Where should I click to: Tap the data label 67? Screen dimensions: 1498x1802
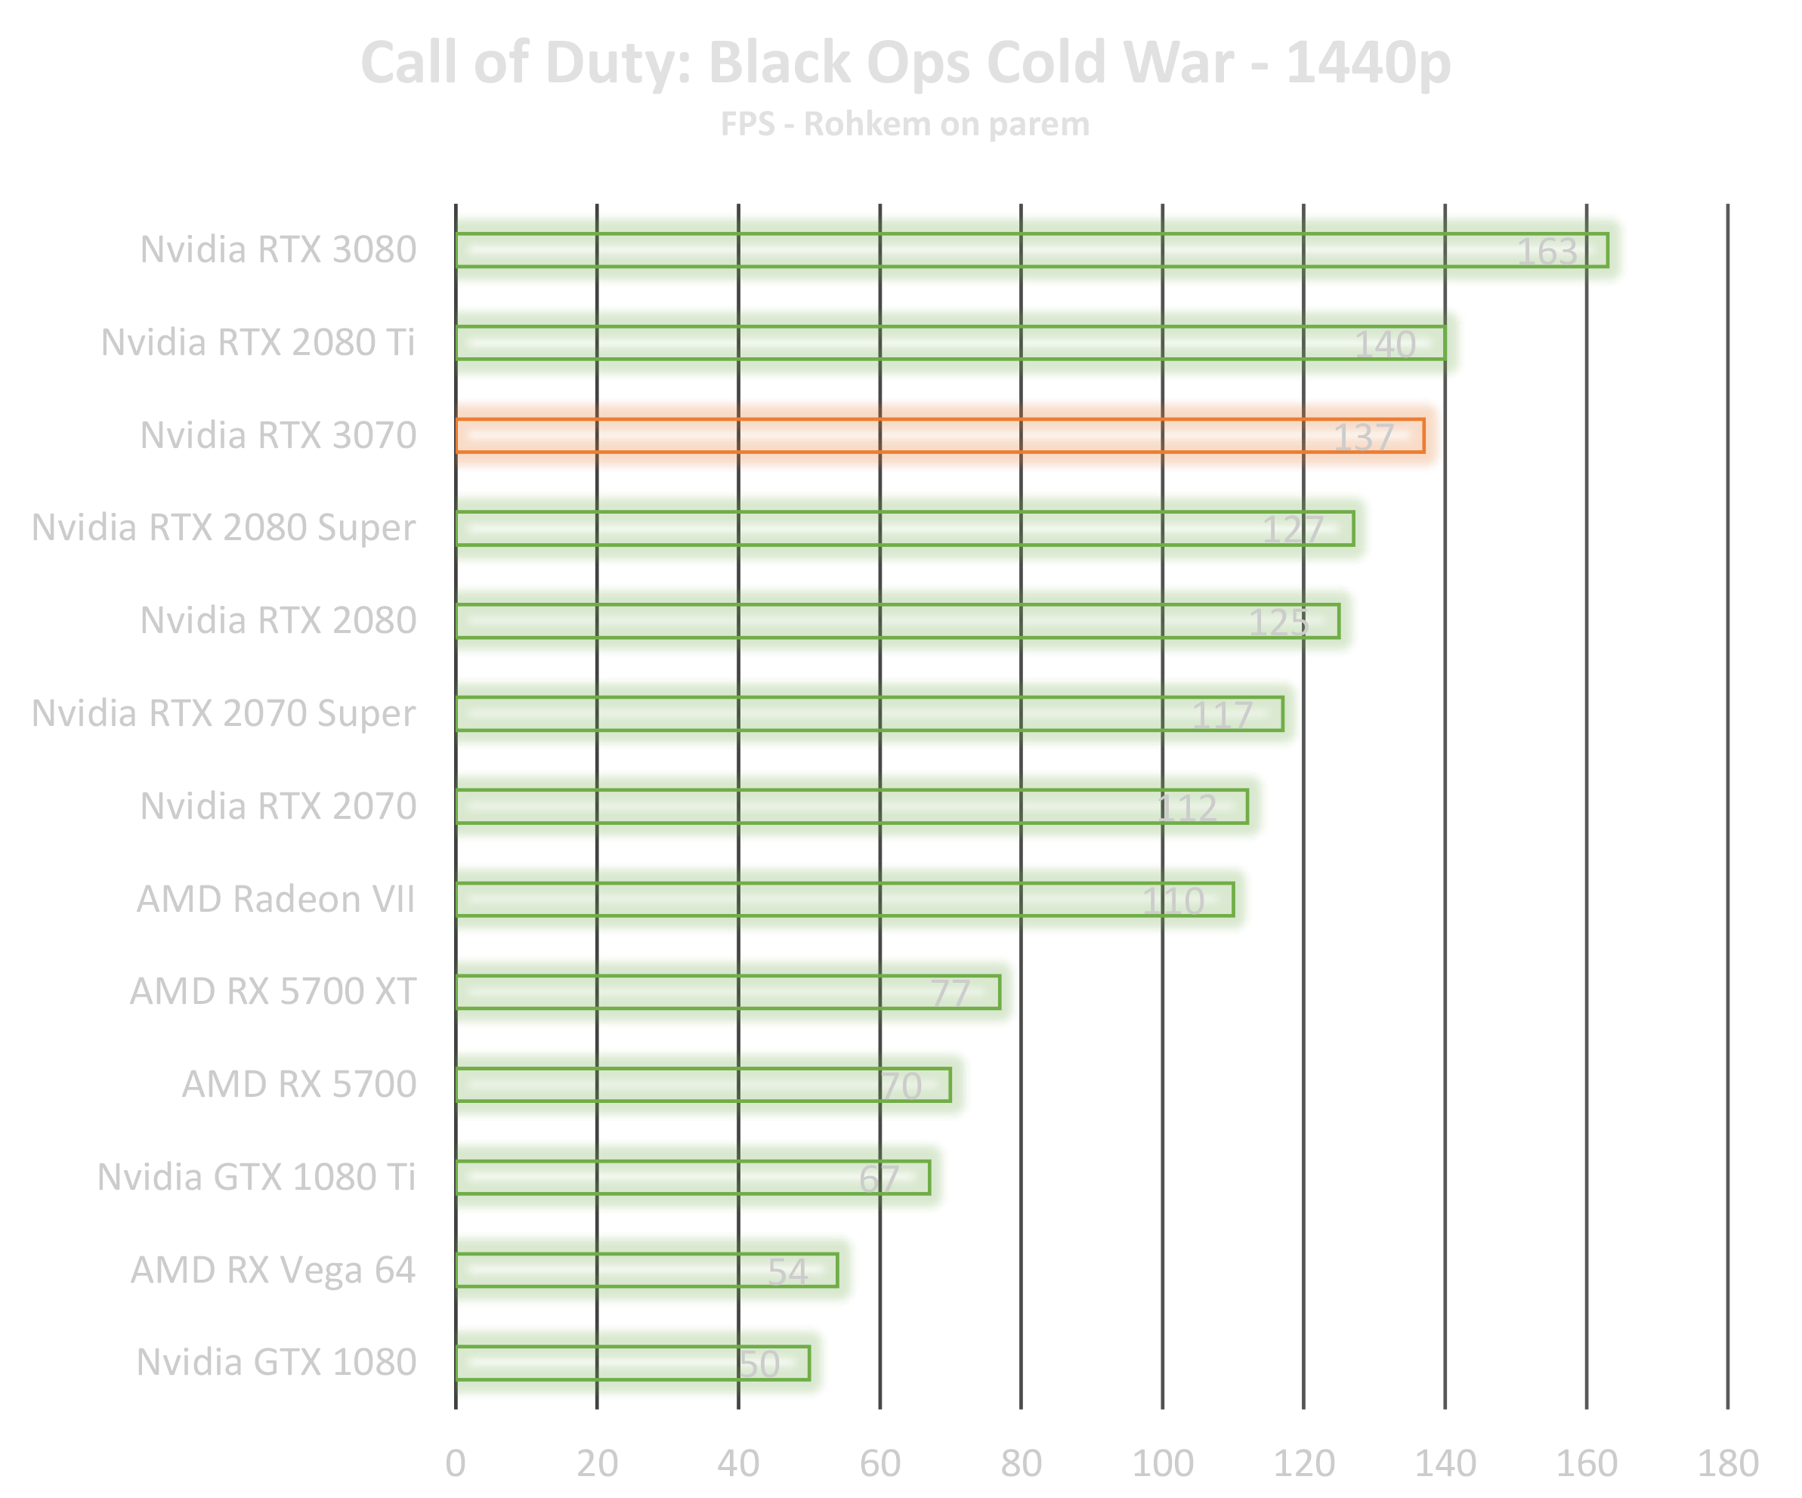[879, 1180]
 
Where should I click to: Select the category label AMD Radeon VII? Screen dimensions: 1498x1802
[277, 899]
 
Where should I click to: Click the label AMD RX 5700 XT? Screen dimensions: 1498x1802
[273, 992]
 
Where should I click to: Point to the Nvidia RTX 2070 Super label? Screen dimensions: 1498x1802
[225, 714]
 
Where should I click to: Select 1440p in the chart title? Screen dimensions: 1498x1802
[1368, 63]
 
